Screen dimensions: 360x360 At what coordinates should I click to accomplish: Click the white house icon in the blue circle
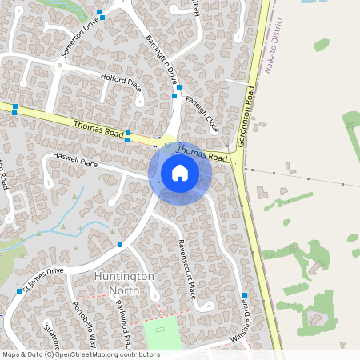(x=179, y=172)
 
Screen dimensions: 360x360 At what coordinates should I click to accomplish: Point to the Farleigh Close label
(x=202, y=111)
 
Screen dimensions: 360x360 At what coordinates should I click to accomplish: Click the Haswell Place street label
(x=74, y=162)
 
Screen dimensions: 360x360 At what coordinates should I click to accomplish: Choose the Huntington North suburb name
(x=124, y=282)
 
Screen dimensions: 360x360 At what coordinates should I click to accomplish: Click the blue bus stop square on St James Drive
(x=120, y=244)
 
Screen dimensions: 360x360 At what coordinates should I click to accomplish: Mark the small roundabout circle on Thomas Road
(x=167, y=145)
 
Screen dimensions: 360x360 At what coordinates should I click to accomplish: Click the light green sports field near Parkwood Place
(x=162, y=333)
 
